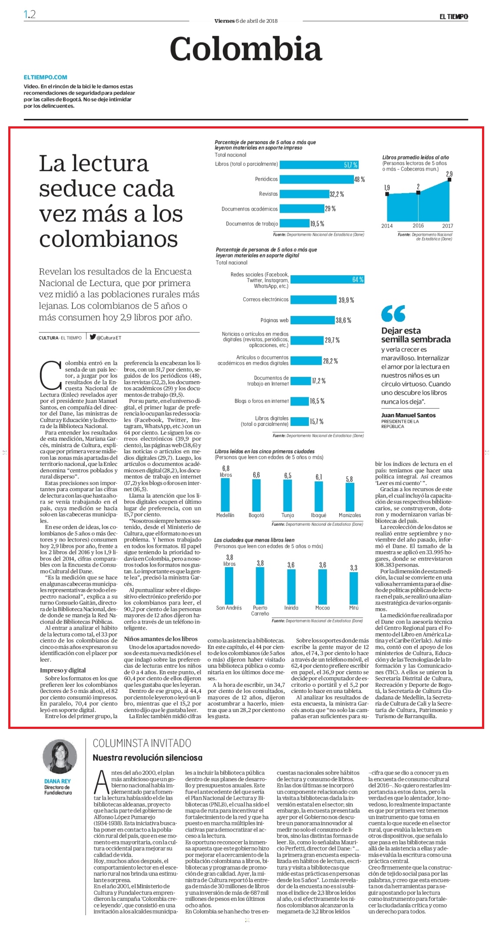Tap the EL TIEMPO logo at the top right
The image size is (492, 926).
point(453,16)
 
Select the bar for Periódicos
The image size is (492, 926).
point(317,179)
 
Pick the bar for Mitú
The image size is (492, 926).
point(354,587)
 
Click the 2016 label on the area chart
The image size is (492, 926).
point(418,225)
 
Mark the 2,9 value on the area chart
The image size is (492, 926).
point(449,174)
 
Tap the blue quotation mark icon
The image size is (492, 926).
point(393,313)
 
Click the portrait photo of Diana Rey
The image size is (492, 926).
point(60,757)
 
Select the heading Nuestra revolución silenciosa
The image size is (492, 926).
point(148,758)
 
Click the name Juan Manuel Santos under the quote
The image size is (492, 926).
point(408,415)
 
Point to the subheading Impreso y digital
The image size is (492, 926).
point(63,670)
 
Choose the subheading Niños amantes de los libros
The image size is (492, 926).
point(161,639)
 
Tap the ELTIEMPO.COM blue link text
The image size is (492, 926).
point(46,77)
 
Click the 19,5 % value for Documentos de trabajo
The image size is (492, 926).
point(317,224)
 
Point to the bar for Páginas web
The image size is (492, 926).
point(312,320)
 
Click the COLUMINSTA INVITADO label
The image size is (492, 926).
point(142,743)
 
